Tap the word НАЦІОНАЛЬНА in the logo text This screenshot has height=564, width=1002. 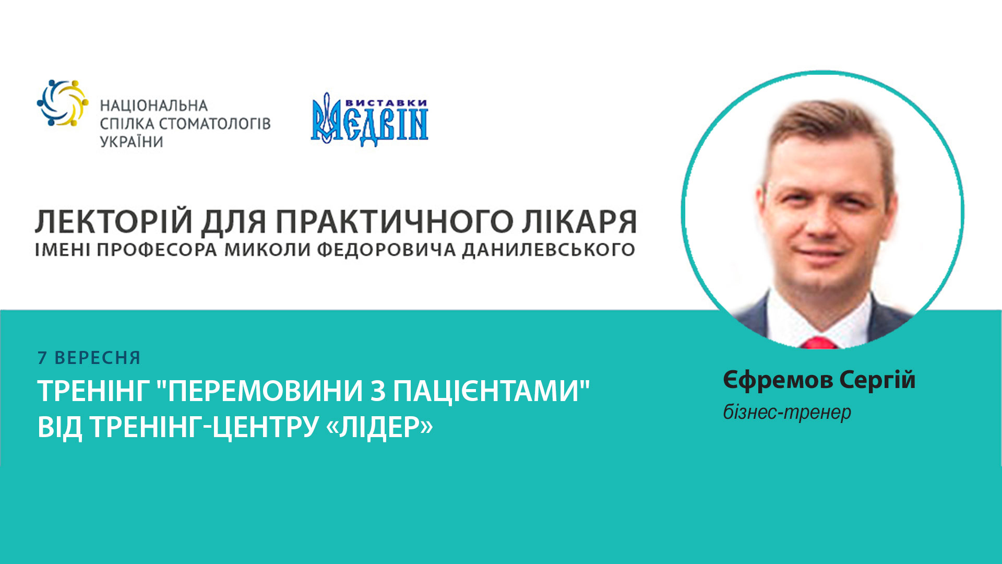tap(153, 106)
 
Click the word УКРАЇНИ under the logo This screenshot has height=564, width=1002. tap(132, 142)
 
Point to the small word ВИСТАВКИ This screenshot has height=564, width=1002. tap(386, 103)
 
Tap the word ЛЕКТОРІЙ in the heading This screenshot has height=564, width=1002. tap(114, 221)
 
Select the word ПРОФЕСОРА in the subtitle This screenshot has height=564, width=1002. tap(157, 250)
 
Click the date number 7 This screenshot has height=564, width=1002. tap(42, 358)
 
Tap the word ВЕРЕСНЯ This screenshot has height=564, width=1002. tap(98, 358)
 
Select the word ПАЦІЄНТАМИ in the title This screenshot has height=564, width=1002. tap(486, 391)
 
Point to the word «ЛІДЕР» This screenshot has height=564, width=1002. tap(379, 427)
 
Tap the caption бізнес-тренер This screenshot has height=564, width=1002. tap(787, 413)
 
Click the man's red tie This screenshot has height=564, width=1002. tap(818, 343)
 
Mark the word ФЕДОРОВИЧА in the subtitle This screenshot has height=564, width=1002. tap(386, 250)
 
